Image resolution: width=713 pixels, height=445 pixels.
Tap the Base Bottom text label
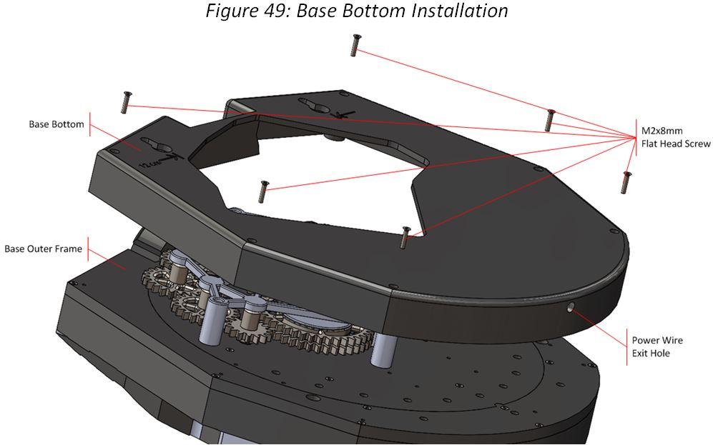56,124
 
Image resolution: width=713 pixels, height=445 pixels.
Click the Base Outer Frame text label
43,249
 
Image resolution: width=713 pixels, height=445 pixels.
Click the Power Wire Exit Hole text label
650,346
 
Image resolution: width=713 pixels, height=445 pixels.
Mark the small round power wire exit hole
570,309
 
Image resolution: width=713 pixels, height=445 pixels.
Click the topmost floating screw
354,45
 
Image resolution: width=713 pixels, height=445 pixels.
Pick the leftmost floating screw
127,103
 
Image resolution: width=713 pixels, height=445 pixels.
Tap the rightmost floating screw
626,182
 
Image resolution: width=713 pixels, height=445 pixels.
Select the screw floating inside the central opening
263,191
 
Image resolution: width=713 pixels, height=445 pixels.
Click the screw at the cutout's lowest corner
405,237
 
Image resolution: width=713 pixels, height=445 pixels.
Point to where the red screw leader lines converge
635,136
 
